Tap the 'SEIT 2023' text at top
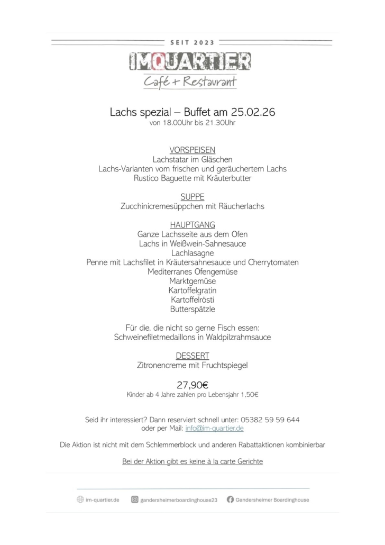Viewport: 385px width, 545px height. coord(192,42)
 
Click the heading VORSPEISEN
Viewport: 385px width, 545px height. coord(192,150)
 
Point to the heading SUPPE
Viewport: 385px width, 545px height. coord(192,197)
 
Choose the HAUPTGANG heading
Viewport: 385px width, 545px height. coord(192,225)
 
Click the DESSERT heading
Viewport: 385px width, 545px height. coord(192,356)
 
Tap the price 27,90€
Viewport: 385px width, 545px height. coord(192,385)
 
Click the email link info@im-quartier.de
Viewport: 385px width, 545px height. coord(214,428)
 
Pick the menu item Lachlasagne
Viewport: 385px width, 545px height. coord(192,253)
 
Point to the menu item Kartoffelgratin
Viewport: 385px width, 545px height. coord(192,290)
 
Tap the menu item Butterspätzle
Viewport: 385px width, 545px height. coord(192,309)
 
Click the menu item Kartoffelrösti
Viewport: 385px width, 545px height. coord(192,299)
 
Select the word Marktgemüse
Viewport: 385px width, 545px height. coord(192,281)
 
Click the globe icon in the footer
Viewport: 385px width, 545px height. coord(80,499)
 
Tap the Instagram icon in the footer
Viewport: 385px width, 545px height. coord(135,499)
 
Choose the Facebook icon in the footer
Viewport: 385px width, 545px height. coord(230,499)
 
